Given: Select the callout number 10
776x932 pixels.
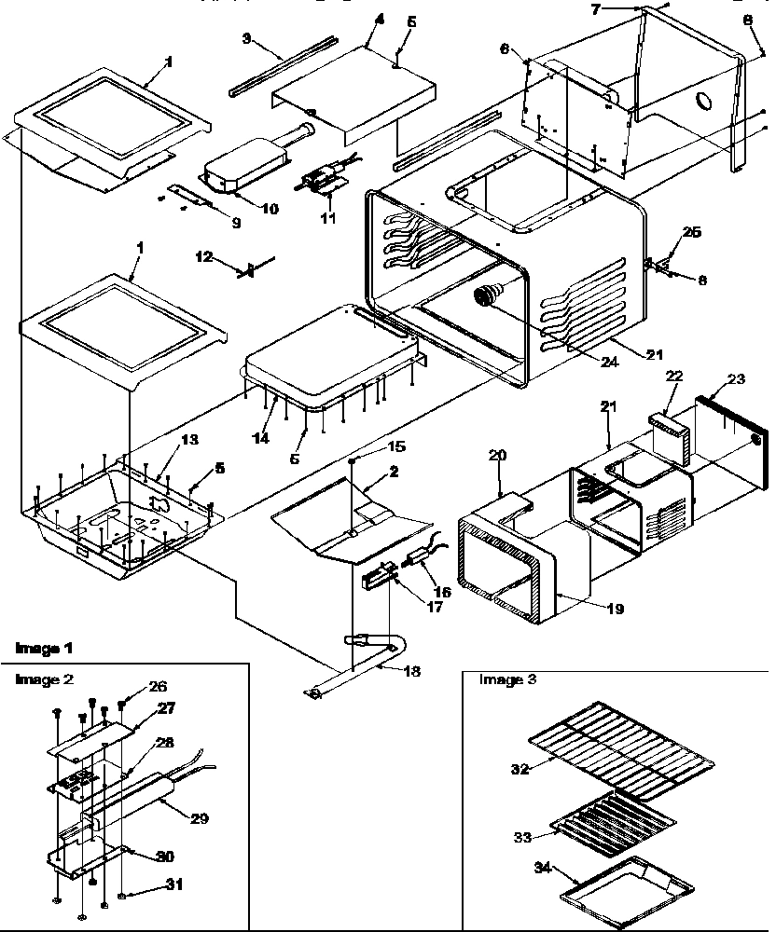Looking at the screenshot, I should click(x=270, y=209).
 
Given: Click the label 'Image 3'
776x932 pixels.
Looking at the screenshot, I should click(x=508, y=679).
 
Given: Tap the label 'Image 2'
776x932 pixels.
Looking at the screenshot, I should click(x=44, y=679).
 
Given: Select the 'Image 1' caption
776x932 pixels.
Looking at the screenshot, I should click(x=44, y=648).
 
